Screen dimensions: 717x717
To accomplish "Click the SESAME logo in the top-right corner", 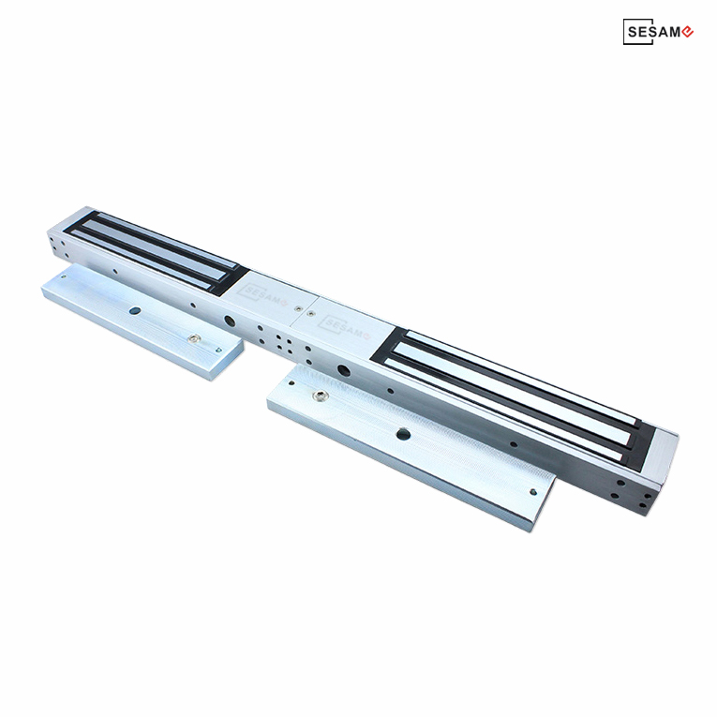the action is pos(658,32).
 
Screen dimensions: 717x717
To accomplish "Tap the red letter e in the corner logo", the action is pos(687,32).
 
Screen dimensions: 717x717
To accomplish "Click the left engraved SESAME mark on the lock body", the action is pos(262,294).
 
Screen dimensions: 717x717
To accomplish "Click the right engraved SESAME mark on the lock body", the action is pos(344,327).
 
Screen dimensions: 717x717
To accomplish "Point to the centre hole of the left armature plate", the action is pos(135,311).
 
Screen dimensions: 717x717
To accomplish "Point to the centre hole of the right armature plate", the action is pos(403,434).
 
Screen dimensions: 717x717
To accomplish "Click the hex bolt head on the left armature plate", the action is pos(195,338).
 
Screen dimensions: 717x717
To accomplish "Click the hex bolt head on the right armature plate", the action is pos(320,396).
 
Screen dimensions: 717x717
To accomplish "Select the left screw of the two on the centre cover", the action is pos(299,309).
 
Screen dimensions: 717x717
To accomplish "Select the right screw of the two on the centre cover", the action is pos(311,314).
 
